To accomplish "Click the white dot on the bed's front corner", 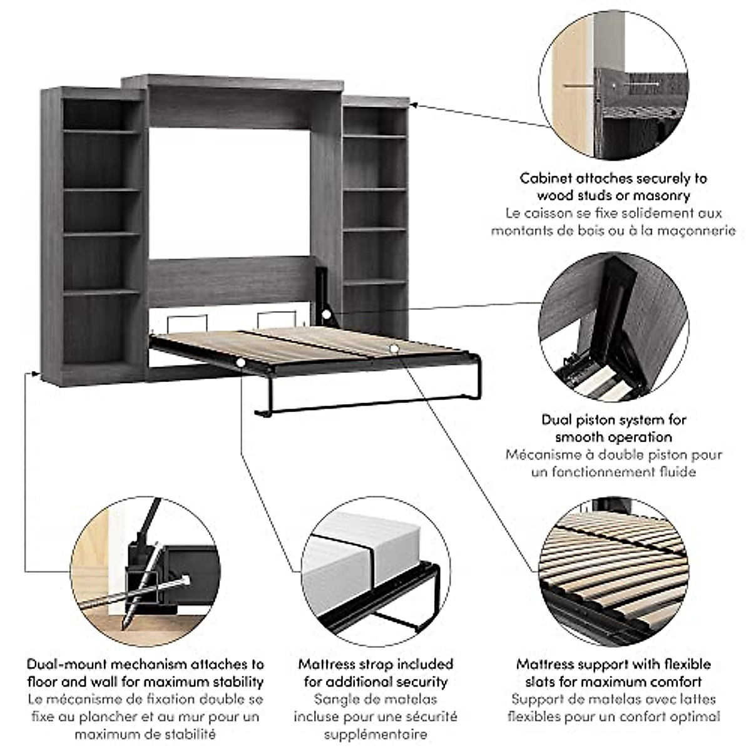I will pos(241,362).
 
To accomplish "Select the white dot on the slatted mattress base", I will pos(393,347).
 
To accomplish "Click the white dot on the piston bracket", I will pos(326,312).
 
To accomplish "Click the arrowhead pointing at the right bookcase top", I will pos(414,105).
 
